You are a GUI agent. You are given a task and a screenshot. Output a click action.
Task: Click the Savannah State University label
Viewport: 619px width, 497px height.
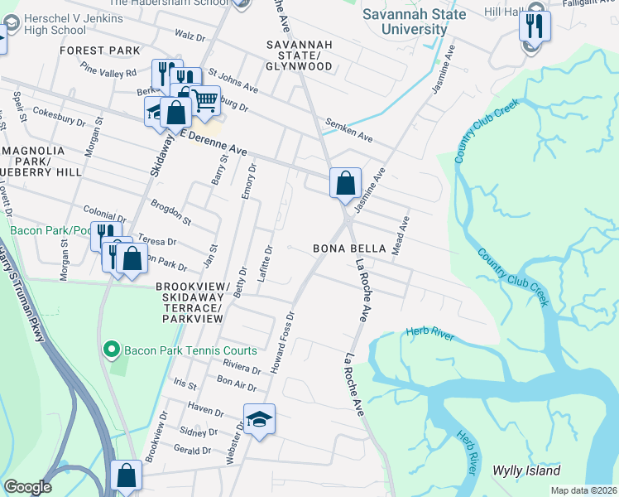tap(416, 22)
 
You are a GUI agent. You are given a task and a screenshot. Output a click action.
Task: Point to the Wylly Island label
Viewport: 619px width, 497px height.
tap(526, 470)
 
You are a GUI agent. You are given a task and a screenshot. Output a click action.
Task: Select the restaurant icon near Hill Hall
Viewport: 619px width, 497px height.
tap(535, 26)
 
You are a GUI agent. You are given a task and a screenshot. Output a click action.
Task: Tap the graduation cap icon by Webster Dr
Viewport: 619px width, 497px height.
tap(259, 419)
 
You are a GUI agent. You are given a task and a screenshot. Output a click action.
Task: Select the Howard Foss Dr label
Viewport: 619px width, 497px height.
tap(281, 342)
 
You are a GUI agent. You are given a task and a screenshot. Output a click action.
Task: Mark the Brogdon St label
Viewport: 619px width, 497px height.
tap(170, 212)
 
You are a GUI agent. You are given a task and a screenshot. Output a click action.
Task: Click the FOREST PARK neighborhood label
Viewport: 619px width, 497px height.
tap(100, 51)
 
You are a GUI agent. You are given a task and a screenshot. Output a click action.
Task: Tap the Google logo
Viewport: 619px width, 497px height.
tap(27, 486)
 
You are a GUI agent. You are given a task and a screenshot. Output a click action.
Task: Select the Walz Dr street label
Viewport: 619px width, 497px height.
tap(190, 36)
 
